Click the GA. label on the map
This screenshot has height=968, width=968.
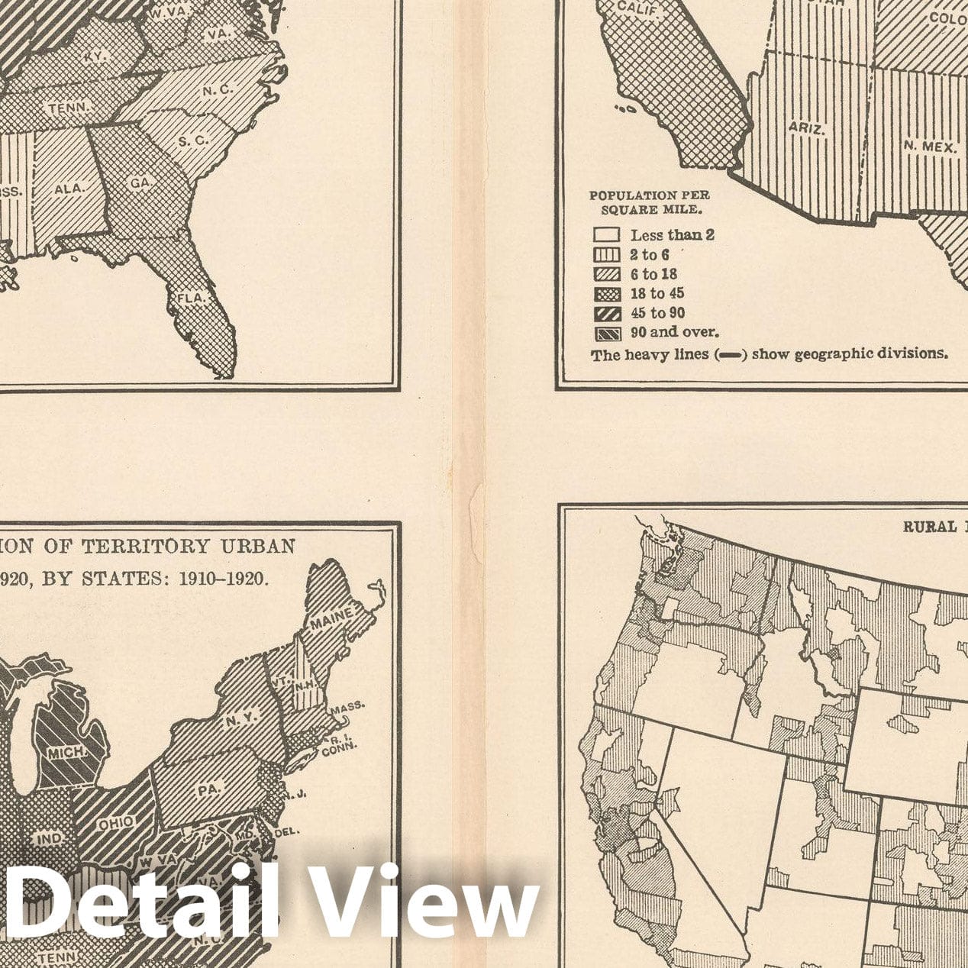click(140, 183)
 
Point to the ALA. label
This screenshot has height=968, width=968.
click(68, 188)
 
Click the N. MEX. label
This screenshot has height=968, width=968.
click(930, 146)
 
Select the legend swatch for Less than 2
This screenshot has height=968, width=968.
click(606, 234)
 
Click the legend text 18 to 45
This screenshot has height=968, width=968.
click(657, 293)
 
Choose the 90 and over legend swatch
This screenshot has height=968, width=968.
click(606, 333)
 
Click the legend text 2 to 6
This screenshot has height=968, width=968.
click(649, 254)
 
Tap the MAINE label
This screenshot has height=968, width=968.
click(331, 618)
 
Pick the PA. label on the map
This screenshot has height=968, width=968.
click(208, 789)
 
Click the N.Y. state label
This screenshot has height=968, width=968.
click(242, 716)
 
